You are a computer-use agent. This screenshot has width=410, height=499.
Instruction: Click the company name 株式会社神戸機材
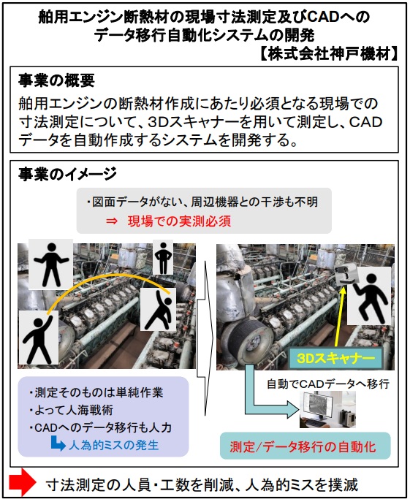(329, 54)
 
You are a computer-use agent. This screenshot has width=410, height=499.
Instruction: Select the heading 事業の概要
(56, 80)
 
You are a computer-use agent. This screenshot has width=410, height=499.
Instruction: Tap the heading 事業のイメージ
(67, 174)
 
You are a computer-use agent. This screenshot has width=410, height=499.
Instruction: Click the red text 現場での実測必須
(179, 221)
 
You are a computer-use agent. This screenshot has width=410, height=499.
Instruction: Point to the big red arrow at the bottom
(22, 482)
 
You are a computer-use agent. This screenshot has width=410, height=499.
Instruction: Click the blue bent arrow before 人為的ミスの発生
(58, 443)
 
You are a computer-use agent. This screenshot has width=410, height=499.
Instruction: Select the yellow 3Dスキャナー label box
(335, 358)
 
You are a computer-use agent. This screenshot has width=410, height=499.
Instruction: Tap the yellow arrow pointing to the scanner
(340, 316)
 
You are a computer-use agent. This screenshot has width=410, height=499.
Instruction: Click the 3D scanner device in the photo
(346, 275)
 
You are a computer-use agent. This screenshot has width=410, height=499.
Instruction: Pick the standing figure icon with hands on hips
(163, 258)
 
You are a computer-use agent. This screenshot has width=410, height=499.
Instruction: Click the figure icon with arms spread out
(51, 264)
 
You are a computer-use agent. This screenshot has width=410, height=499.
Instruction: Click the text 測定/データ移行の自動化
(303, 446)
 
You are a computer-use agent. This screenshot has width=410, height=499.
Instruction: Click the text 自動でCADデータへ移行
(328, 384)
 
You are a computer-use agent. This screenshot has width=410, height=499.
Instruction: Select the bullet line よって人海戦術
(72, 410)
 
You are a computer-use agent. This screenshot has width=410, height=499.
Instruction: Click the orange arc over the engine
(108, 276)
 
